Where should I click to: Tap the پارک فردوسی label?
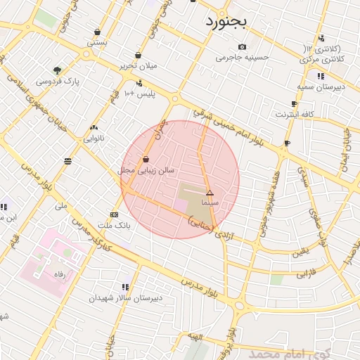click(x=58, y=82)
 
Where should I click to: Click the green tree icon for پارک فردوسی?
click(x=57, y=70)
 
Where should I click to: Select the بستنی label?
click(x=97, y=43)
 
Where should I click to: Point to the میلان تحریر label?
click(x=138, y=66)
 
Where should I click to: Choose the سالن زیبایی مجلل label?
click(x=146, y=170)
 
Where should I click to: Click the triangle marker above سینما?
click(x=210, y=192)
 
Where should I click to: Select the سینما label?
click(x=210, y=202)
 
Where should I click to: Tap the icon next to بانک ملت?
click(x=114, y=214)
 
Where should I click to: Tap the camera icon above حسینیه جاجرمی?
click(x=242, y=46)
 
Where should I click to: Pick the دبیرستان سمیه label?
click(x=320, y=86)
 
